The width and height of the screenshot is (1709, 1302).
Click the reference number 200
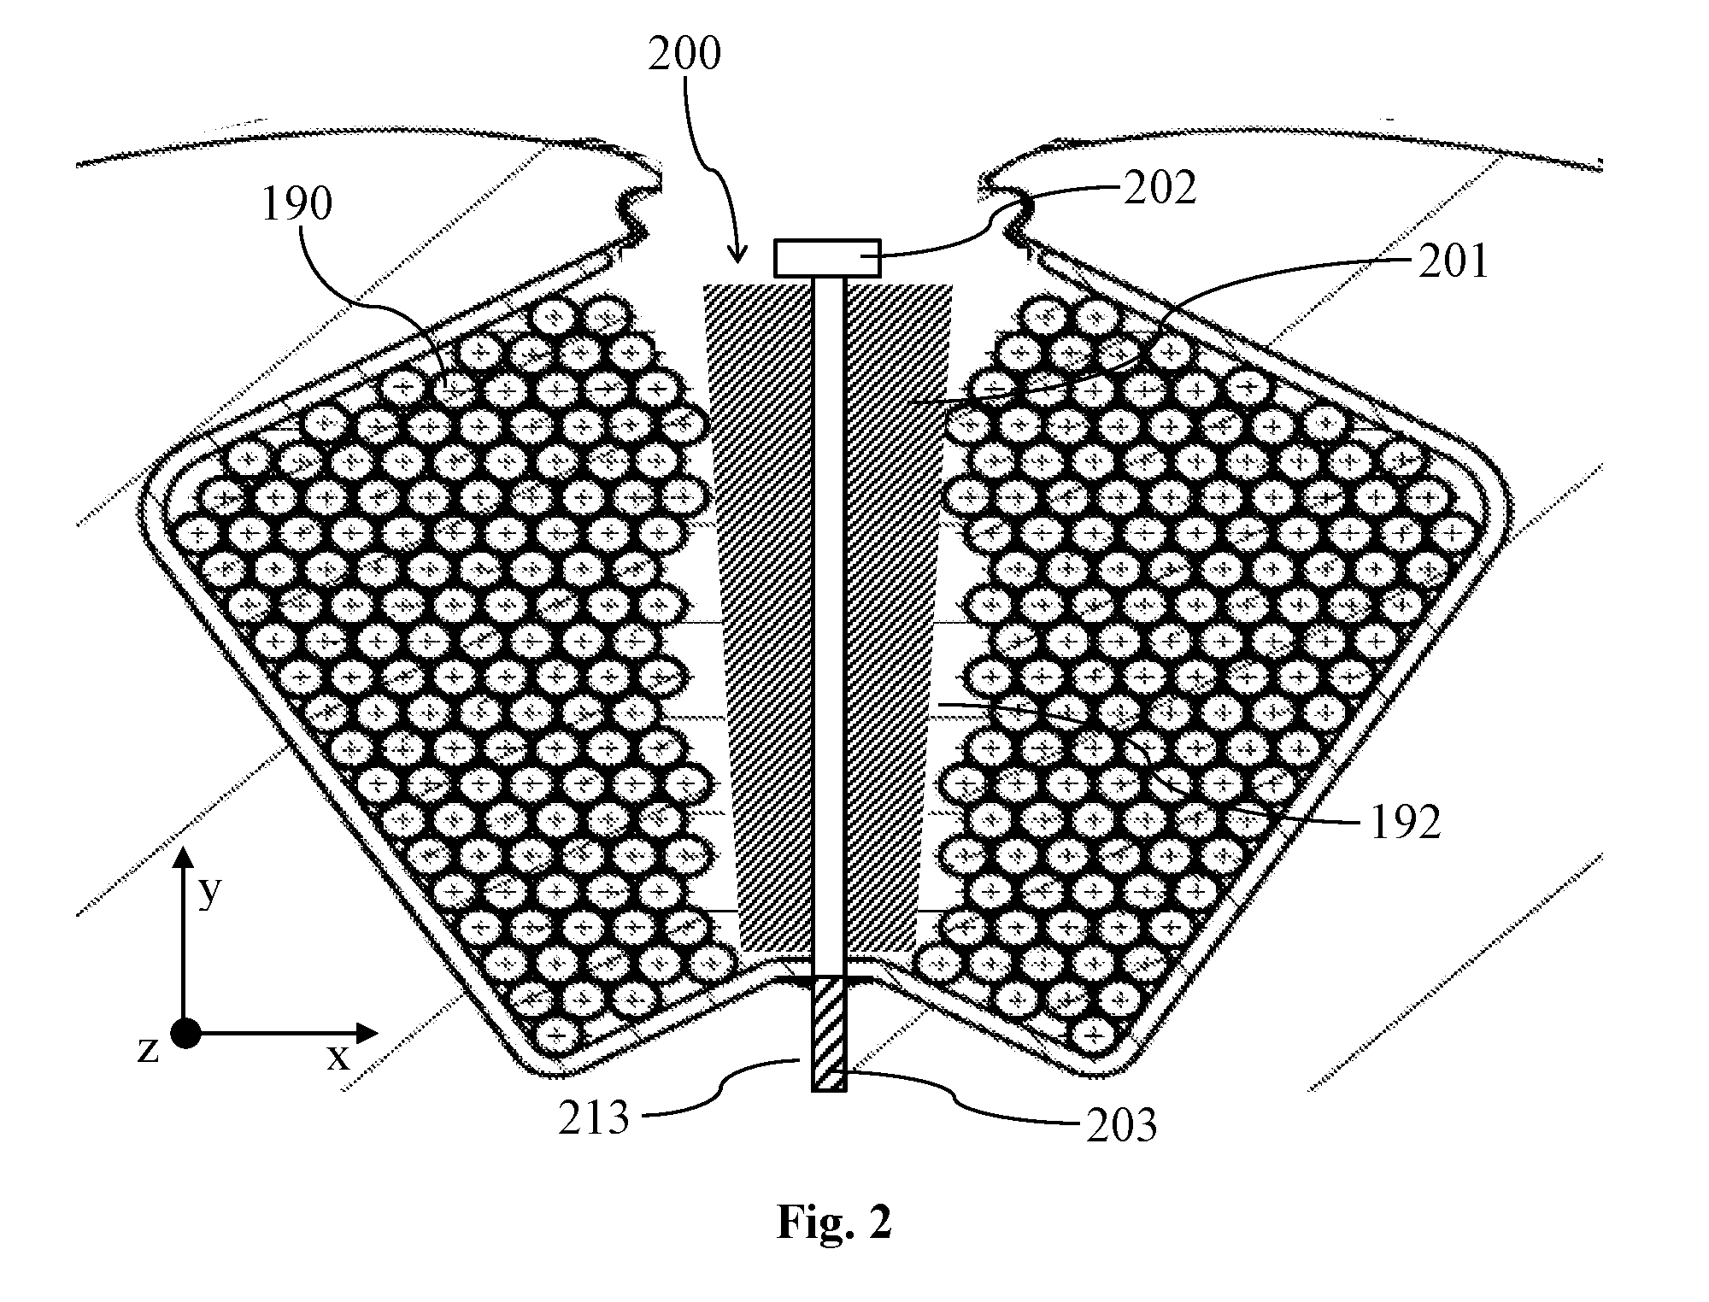tap(684, 54)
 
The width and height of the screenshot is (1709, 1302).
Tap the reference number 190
tap(297, 205)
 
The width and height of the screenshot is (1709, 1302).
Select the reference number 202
tap(1160, 188)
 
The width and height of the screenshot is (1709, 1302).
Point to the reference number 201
tap(1454, 261)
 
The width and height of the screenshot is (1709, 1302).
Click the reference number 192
tap(1406, 822)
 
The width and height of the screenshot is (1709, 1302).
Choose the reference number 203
tap(1121, 1126)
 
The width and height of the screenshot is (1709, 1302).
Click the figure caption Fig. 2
tap(834, 1223)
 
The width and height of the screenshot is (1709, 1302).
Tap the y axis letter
tap(209, 894)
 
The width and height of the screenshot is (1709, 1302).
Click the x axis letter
tap(338, 1059)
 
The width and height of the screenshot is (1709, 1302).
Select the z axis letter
tap(148, 1050)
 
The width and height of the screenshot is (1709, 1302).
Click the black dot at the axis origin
tap(185, 1033)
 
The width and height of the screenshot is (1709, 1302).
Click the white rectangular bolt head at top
tap(827, 258)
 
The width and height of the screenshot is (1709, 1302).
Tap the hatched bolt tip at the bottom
tap(829, 1034)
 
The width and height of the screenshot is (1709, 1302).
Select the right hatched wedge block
tap(898, 619)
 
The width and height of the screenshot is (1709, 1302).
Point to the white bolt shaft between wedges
tap(828, 626)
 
